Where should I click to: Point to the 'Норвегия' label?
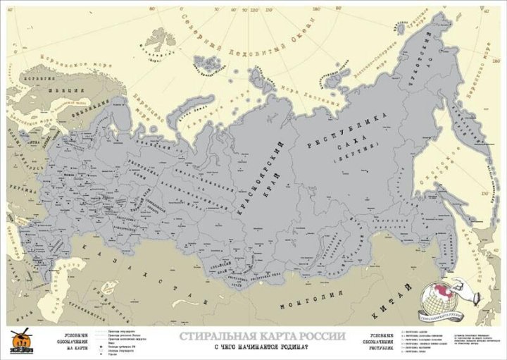coord(28,70)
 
